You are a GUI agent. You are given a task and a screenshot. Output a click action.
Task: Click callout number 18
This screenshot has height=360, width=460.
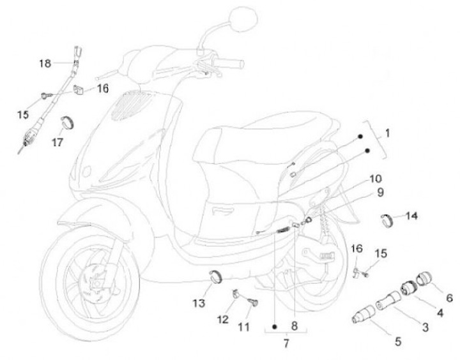pos(44,63)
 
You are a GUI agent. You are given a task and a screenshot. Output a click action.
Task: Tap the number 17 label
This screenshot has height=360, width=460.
pos(57,142)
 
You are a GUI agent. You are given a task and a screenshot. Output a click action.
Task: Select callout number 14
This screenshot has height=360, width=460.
pos(411,216)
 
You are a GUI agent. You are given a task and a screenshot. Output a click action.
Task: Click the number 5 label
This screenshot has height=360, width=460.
pos(397,341)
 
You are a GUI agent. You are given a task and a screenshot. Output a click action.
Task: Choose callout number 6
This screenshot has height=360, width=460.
pos(449,297)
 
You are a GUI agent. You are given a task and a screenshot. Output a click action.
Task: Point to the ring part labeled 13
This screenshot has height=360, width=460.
pos(216,276)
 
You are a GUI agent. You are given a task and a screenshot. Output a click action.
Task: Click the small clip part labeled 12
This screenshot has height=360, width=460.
pos(233,294)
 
